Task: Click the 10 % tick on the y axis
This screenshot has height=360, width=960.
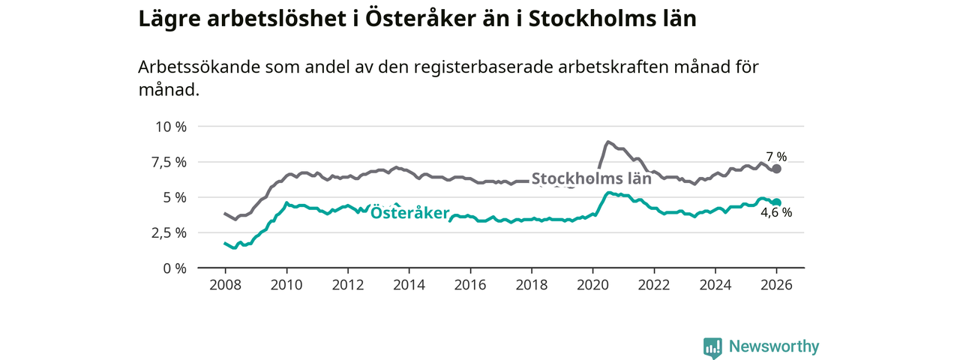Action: coord(169,126)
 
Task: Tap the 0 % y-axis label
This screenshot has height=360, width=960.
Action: coord(174,268)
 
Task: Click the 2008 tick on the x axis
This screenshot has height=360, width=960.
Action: coord(225,285)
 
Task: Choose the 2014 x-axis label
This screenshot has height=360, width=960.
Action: coord(409,285)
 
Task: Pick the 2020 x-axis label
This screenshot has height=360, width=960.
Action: coord(592,285)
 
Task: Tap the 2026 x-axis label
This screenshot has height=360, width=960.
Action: coord(776,285)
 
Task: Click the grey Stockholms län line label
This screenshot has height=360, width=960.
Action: coord(591,178)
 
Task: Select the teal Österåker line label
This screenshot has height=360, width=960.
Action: coord(409,212)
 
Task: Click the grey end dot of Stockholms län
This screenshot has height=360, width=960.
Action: coord(777,169)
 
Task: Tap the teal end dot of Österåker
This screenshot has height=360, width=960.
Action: coord(777,202)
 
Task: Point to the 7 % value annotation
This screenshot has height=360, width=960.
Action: coord(776,157)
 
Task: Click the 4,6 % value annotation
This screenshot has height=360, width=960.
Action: coord(776,213)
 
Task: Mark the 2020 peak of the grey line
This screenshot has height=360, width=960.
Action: coord(607,141)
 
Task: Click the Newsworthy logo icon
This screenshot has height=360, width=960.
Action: coord(712,347)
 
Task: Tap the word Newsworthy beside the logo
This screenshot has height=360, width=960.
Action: coord(774,346)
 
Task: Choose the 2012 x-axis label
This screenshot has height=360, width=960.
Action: coord(347,285)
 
